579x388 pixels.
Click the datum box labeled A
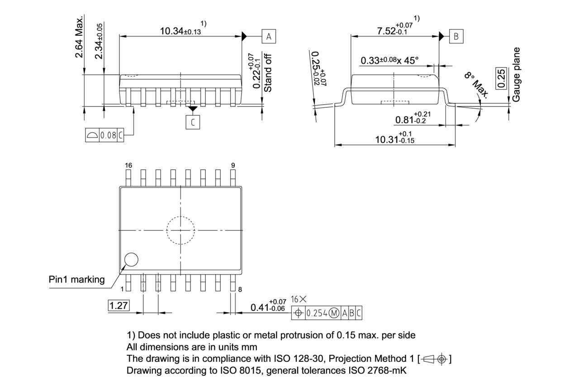pyautogui.click(x=269, y=37)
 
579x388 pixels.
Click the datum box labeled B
pyautogui.click(x=456, y=37)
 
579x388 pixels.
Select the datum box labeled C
pyautogui.click(x=193, y=122)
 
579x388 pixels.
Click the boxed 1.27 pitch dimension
pyautogui.click(x=119, y=306)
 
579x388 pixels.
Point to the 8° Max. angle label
pyautogui.click(x=476, y=85)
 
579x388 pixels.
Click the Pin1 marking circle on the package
pyautogui.click(x=131, y=260)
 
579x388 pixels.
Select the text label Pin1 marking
pyautogui.click(x=76, y=279)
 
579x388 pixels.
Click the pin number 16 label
pyautogui.click(x=128, y=166)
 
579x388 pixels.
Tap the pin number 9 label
pyautogui.click(x=233, y=166)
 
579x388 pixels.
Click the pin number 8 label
pyautogui.click(x=240, y=289)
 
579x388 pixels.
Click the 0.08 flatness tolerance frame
pyautogui.click(x=104, y=135)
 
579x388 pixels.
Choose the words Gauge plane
pyautogui.click(x=517, y=74)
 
